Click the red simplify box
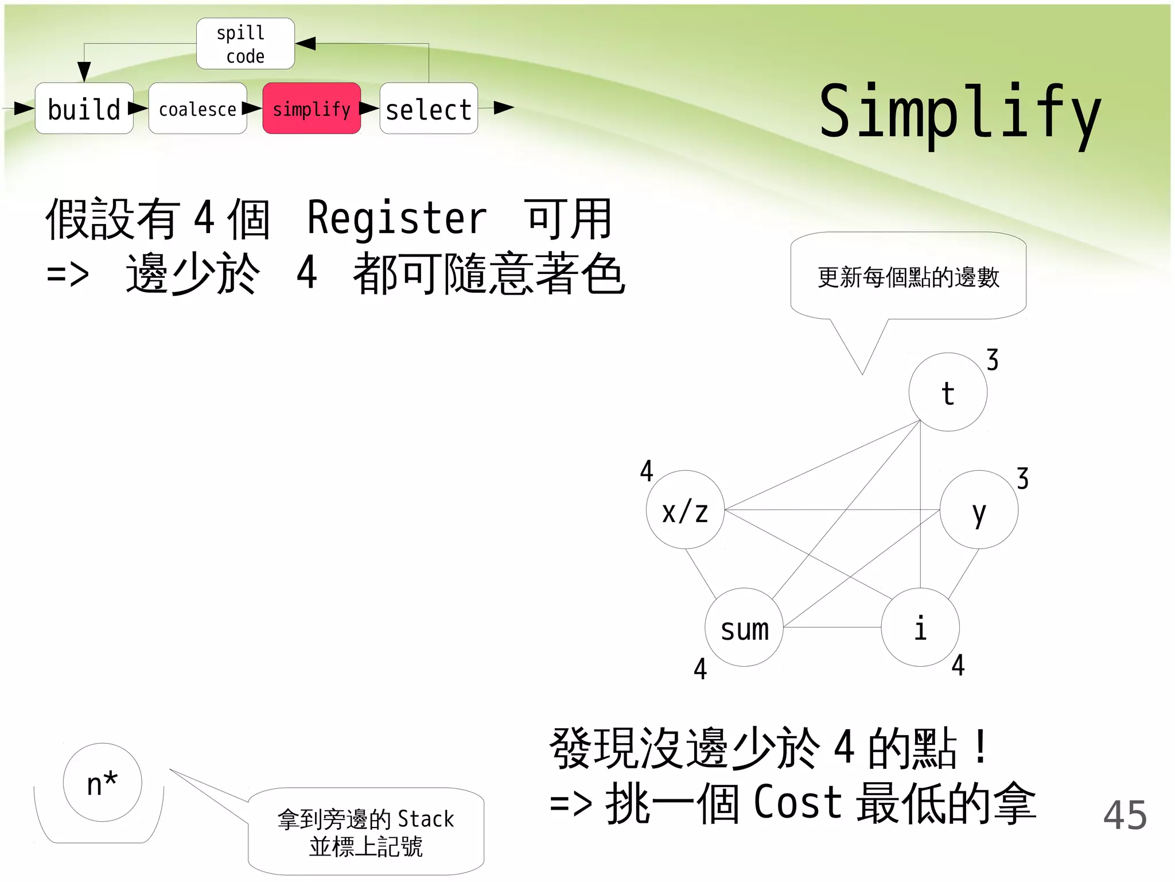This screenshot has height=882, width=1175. (x=312, y=109)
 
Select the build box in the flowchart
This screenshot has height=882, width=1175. (x=84, y=109)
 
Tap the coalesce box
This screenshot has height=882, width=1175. (x=197, y=109)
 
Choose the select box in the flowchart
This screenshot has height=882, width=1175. (x=429, y=109)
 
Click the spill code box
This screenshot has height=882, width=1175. (x=246, y=44)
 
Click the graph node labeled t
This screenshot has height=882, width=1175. (x=948, y=392)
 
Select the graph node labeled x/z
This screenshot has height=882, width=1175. (x=685, y=510)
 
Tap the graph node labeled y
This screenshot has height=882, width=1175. (x=979, y=510)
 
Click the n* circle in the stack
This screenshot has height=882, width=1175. (x=102, y=783)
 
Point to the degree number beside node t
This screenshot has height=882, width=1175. (x=993, y=360)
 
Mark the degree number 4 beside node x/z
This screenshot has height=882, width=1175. (x=647, y=471)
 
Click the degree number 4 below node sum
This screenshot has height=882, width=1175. (x=700, y=669)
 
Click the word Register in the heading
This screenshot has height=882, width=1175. (x=397, y=218)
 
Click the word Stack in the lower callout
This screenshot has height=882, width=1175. (x=425, y=819)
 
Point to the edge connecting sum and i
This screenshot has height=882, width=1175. (x=832, y=627)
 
